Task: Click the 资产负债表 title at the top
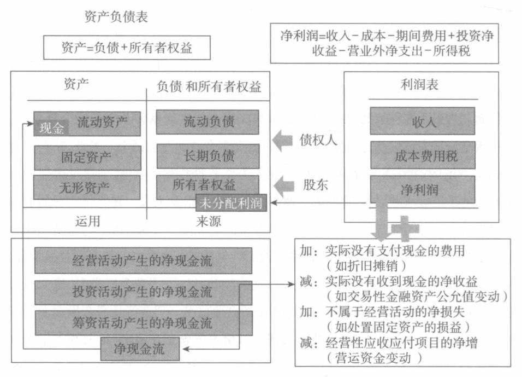pos(116,17)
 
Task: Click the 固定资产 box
pos(87,158)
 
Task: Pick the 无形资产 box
pos(87,187)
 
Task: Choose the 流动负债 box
pos(207,122)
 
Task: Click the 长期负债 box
pos(207,156)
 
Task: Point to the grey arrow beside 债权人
pos(283,140)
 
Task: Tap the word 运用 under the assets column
pos(87,222)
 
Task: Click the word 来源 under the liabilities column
pos(208,222)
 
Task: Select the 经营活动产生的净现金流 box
pos(143,261)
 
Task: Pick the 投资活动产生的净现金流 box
pos(143,293)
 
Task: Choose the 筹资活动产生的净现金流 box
pos(143,323)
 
